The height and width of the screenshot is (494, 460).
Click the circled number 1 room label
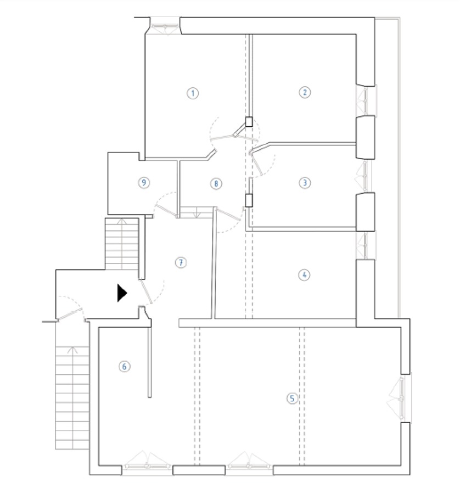(x=192, y=93)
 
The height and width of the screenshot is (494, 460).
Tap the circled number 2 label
(x=305, y=92)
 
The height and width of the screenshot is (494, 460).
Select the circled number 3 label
(x=305, y=183)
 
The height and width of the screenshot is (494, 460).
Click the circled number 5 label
(x=292, y=398)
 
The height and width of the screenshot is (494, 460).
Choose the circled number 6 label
(x=125, y=366)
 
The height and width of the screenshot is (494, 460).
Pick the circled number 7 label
(x=181, y=263)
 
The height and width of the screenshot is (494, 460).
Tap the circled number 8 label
(x=216, y=183)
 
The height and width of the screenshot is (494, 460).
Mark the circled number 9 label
(x=143, y=183)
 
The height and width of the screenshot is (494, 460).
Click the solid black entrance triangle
(x=122, y=293)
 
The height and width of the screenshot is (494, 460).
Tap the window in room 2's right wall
(x=367, y=100)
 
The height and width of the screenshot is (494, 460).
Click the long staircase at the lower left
(x=71, y=398)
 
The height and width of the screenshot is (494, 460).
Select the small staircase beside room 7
(x=122, y=244)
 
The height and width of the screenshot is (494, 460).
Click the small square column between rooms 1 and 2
(x=249, y=122)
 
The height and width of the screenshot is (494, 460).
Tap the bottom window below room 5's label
(x=249, y=467)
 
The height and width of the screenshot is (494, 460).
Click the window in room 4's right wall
(x=364, y=245)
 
